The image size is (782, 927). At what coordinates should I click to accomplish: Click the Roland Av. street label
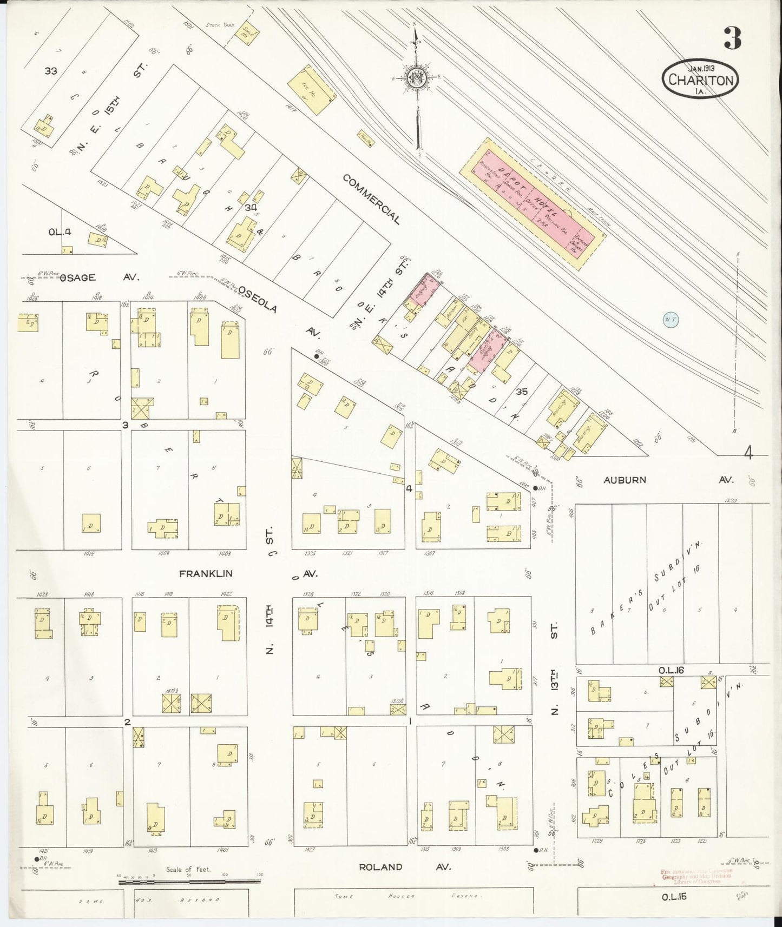[x=380, y=866]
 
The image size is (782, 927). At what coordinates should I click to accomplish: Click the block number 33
[x=51, y=70]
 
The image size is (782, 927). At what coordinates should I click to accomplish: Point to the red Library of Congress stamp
[x=696, y=876]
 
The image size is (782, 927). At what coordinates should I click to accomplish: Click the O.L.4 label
[x=60, y=232]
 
